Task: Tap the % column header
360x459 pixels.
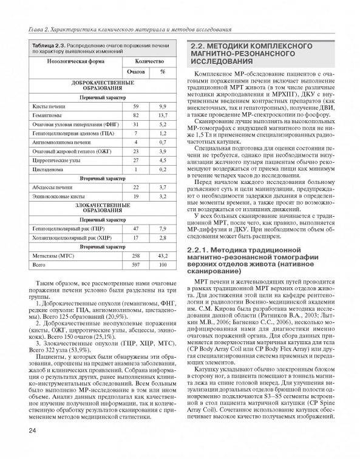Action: (x=163, y=72)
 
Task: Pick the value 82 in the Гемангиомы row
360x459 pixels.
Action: (x=136, y=115)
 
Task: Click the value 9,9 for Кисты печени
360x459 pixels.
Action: (x=162, y=106)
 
